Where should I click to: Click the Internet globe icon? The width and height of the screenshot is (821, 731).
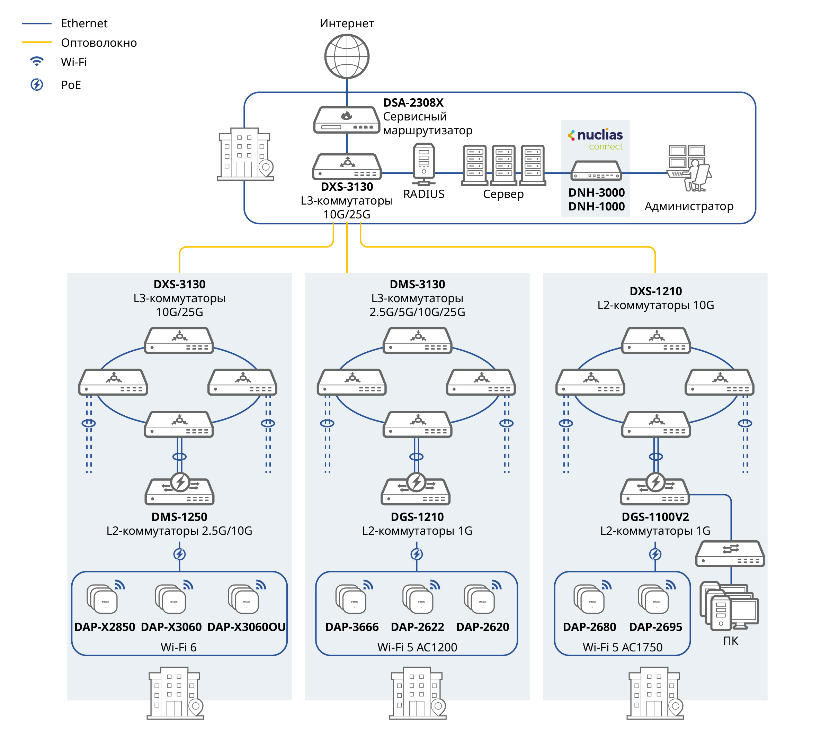click(347, 56)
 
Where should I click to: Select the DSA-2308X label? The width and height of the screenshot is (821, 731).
click(413, 102)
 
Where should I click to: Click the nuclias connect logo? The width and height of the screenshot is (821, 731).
click(596, 138)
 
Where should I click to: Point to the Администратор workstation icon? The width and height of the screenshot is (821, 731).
click(689, 168)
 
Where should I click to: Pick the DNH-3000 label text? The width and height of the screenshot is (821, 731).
click(596, 192)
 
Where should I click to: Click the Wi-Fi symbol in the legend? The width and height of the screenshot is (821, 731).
click(37, 62)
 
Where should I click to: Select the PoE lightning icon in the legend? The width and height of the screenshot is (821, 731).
click(37, 85)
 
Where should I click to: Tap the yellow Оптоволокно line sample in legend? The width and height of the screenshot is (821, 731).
click(37, 42)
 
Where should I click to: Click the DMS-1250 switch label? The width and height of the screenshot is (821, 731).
click(179, 516)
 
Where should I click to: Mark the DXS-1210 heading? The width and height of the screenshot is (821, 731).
click(655, 291)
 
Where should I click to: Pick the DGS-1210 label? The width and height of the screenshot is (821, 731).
click(417, 516)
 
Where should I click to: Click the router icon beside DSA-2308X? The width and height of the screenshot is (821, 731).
click(346, 119)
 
